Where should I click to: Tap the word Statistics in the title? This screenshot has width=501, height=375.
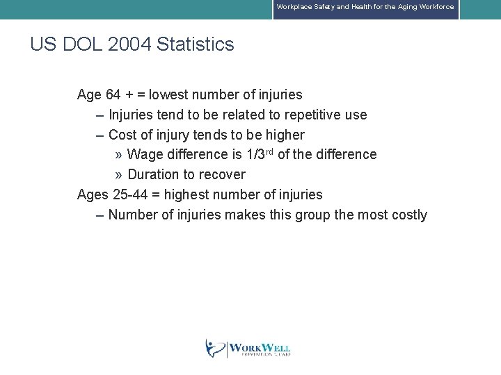(196, 44)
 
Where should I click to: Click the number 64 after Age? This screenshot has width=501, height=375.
(113, 94)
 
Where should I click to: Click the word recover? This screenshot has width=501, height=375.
(222, 174)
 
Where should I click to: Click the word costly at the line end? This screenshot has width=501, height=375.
(408, 215)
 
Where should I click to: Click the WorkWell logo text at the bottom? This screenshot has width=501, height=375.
(259, 349)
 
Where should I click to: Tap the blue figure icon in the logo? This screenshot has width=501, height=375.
(215, 348)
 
